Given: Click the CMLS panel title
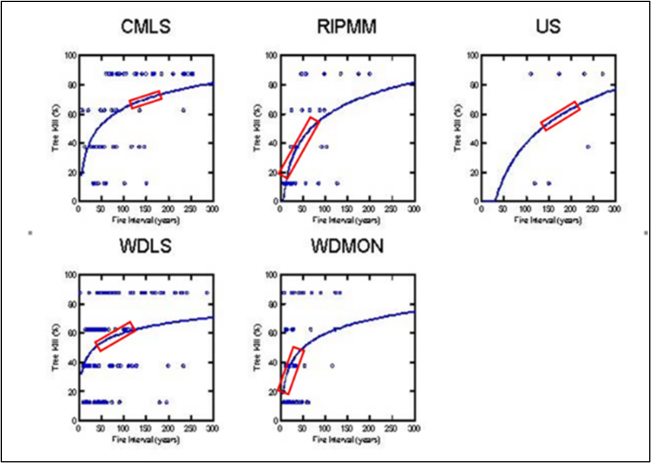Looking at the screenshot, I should [x=145, y=27].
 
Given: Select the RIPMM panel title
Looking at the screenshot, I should [x=345, y=27].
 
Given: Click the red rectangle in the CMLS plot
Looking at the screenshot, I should [x=145, y=99].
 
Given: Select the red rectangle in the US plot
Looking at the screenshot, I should [x=561, y=115].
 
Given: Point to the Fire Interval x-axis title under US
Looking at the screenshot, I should [x=547, y=220].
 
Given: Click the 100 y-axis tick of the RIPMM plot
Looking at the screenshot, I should [x=271, y=56].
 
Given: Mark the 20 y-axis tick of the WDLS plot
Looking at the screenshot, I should [x=72, y=391].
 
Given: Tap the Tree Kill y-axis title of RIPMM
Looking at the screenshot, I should [x=256, y=128].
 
